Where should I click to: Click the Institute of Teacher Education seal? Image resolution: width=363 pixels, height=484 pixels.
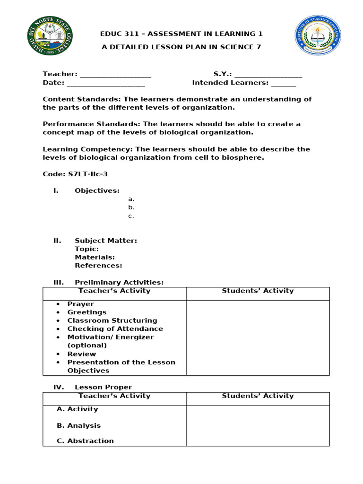tap(318, 36)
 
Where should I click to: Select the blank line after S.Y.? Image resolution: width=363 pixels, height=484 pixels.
tap(268, 74)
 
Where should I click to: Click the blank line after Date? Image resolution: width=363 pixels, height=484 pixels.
tap(106, 83)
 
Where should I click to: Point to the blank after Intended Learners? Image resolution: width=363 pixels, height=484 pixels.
tap(284, 83)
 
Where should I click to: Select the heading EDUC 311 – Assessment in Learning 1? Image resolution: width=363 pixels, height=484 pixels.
tap(181, 34)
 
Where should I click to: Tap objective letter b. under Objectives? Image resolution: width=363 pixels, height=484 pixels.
tap(131, 207)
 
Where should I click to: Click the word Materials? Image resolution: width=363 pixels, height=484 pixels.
tap(95, 258)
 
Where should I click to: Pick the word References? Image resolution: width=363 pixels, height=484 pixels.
tap(98, 266)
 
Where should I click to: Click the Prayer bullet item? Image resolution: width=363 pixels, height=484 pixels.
tap(80, 304)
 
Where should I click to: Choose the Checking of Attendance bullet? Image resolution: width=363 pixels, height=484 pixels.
tap(115, 329)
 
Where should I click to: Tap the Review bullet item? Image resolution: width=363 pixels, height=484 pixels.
tap(81, 354)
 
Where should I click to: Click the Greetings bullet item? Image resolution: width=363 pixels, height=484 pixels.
tap(86, 312)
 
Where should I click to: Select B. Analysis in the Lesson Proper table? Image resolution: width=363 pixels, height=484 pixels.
tap(78, 426)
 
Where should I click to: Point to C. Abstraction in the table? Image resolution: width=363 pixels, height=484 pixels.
tap(85, 441)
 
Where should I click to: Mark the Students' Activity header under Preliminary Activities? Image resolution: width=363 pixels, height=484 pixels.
tap(258, 291)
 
